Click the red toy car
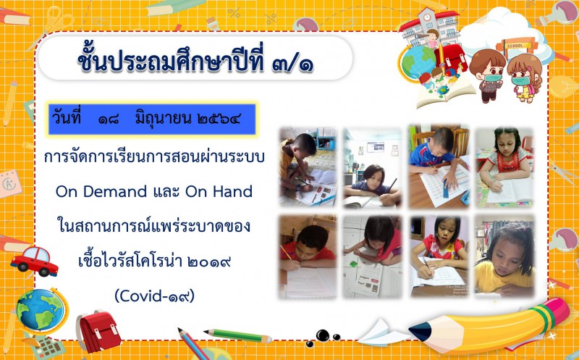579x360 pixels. pos(34,261)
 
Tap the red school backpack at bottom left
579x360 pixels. pos(98,331)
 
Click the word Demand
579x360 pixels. pos(115,191)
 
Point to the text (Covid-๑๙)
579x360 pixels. pos(154,296)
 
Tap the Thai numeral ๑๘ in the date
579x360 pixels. pos(109,119)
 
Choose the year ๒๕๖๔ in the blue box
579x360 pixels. pos(219,119)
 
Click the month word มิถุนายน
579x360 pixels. pos(163,119)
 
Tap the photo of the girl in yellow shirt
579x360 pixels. pos(504,256)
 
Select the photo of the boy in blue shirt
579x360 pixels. pos(439,167)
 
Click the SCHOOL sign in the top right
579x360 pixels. pos(515,46)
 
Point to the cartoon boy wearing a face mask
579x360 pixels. pos(487,75)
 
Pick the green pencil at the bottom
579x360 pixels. pos(238,335)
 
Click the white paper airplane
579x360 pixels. pos(382,332)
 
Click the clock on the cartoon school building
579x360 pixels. pos(427,17)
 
